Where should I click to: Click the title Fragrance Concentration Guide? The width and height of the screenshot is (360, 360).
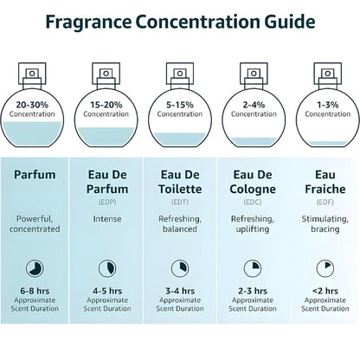click(x=179, y=20)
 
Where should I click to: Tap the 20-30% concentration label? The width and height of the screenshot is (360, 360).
click(x=37, y=106)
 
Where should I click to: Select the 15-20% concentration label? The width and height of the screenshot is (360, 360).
click(x=107, y=106)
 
